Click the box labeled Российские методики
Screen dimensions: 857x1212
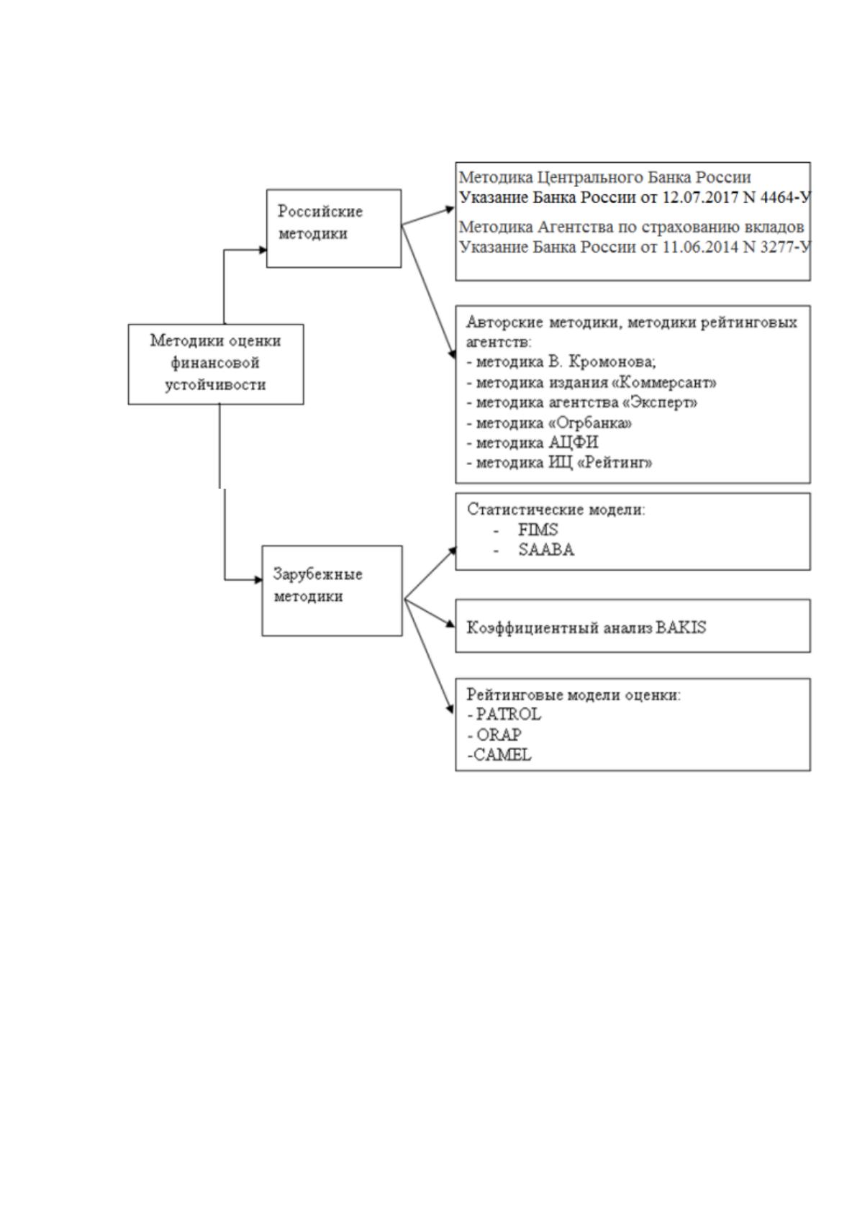tap(334, 228)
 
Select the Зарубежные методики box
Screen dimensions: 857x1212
tap(332, 590)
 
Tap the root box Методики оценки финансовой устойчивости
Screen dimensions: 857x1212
tap(216, 364)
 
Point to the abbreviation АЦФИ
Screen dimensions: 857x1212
tap(573, 443)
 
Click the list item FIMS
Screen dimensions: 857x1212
tap(538, 529)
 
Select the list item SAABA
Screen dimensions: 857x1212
tap(546, 549)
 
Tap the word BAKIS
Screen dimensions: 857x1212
tap(681, 627)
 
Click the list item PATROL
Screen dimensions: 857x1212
tap(508, 714)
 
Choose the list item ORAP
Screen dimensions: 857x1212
tap(499, 734)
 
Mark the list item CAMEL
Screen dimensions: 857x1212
tap(502, 754)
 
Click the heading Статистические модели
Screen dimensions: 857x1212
tap(556, 509)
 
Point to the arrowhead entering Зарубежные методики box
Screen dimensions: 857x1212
tap(258, 580)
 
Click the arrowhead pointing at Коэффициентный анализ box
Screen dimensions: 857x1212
tap(450, 624)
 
